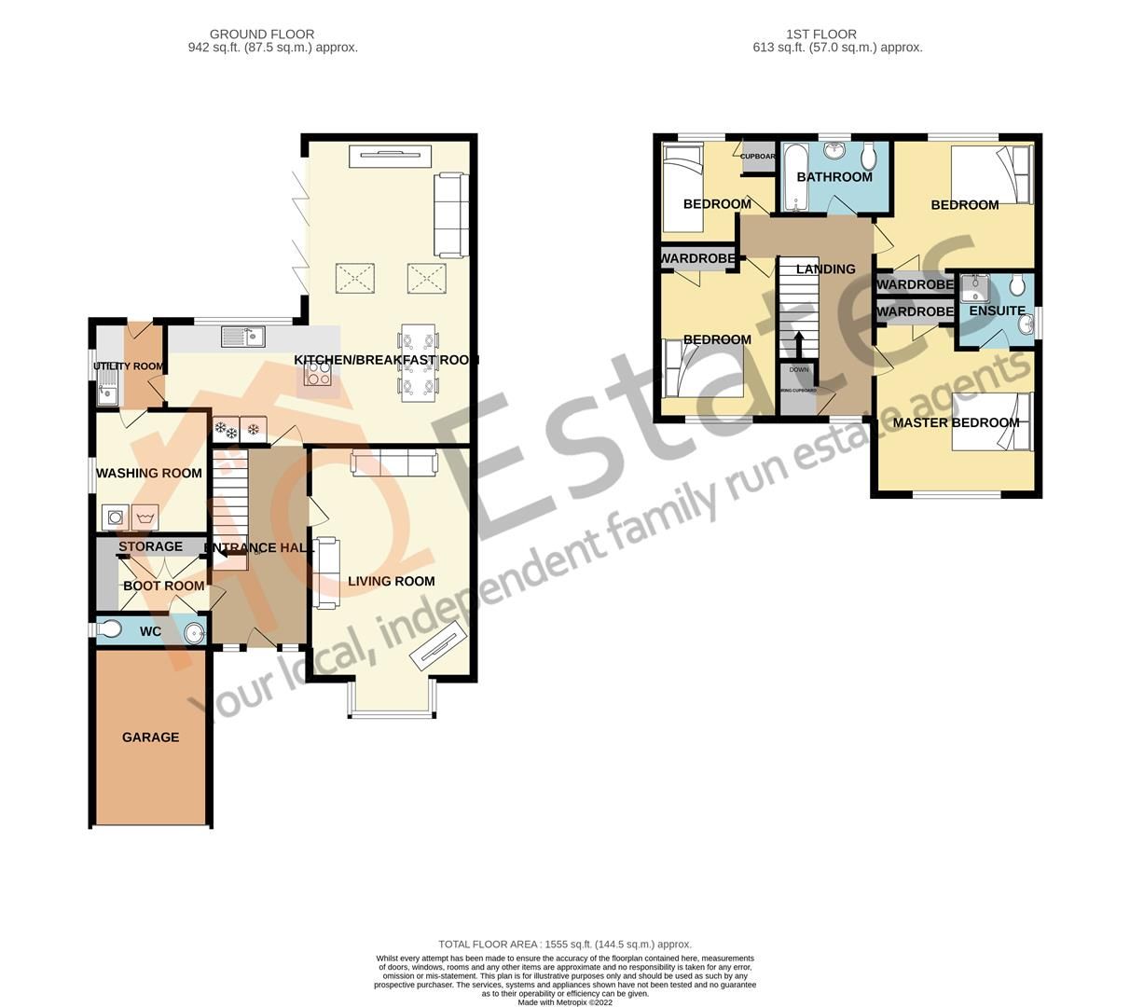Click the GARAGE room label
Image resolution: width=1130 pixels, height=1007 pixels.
click(x=150, y=738)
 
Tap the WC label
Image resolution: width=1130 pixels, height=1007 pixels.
click(x=150, y=632)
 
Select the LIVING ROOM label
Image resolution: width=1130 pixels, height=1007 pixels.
click(x=392, y=582)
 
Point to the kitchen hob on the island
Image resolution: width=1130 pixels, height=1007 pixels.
click(x=317, y=374)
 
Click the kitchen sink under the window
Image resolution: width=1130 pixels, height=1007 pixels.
click(x=243, y=336)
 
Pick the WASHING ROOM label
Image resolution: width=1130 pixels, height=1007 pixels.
click(x=149, y=474)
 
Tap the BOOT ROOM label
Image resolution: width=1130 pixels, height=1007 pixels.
click(x=163, y=586)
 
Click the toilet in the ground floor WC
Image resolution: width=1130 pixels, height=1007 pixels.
click(x=109, y=631)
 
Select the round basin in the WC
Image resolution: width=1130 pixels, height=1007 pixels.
click(x=194, y=632)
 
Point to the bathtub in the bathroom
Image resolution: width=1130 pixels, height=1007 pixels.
click(x=791, y=177)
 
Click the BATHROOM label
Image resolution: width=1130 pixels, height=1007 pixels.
click(x=834, y=177)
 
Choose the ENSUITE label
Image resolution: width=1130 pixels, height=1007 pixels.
click(x=997, y=311)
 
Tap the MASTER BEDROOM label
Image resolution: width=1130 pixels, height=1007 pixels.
click(x=956, y=423)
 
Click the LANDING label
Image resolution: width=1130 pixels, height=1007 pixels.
click(x=826, y=269)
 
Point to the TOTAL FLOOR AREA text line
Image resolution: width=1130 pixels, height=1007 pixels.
click(x=565, y=945)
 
